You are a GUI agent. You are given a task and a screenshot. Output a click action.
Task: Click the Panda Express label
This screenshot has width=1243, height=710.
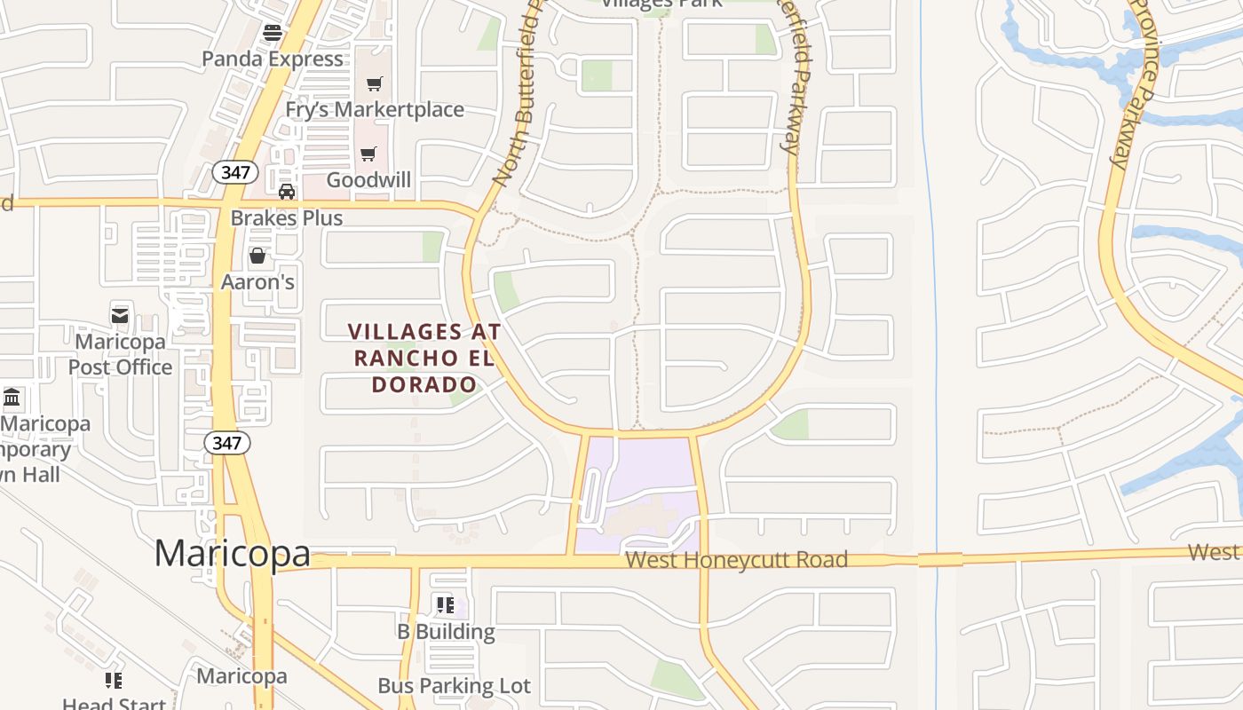coord(273,59)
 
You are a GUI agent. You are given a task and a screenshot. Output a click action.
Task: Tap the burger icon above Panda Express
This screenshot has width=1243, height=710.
coord(273,33)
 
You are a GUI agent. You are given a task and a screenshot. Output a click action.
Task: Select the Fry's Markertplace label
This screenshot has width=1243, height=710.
coord(375,109)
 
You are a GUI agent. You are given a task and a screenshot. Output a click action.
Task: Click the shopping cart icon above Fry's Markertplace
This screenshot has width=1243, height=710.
coord(375,83)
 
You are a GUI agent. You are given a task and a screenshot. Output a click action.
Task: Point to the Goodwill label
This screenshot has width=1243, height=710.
coord(368,180)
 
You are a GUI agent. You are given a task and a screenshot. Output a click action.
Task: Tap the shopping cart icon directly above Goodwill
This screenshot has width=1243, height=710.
coord(368,154)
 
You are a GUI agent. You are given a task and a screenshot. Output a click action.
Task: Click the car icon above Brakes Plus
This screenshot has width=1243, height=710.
coord(287,192)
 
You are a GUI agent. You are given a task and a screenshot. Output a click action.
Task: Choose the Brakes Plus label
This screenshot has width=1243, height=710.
coord(287,218)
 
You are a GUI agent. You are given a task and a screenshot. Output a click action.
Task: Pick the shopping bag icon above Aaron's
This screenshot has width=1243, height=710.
coord(257,256)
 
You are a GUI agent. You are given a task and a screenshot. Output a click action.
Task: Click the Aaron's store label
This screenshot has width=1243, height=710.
coord(257,282)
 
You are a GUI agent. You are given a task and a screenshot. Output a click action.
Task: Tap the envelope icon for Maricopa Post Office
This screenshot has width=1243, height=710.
coord(121,315)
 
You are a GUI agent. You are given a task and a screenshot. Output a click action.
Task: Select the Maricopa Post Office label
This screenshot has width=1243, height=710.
coord(121,354)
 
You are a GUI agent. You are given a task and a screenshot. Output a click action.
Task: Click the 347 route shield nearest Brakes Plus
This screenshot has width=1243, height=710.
coord(235,172)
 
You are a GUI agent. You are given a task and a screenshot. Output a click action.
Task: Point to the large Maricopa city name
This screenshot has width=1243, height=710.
coord(233,553)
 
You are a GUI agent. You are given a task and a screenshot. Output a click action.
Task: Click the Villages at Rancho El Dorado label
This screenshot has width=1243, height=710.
coord(424,358)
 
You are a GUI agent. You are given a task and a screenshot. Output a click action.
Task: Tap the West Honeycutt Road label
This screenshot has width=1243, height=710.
coord(736,560)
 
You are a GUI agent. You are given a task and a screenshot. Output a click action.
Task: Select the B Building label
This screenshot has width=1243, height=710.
coord(446,632)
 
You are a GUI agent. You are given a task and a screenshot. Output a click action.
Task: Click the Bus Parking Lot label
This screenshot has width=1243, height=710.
coord(454,686)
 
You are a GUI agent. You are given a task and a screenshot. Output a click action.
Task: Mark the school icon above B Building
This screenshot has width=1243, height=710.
coord(446,605)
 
